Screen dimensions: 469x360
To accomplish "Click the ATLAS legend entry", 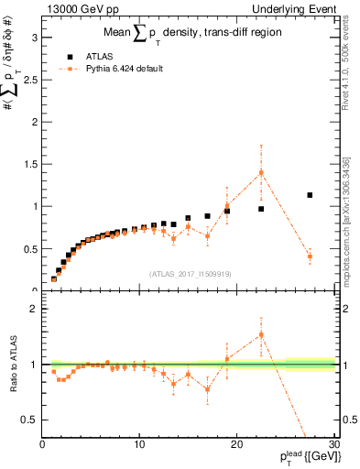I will pos(92,56).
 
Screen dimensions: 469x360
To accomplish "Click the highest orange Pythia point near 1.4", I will pos(261,172).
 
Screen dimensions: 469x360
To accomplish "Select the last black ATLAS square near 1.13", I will pos(310,195).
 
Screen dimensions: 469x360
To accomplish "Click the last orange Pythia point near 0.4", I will pos(310,256).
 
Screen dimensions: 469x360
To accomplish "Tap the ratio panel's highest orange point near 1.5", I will pos(261,334).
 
